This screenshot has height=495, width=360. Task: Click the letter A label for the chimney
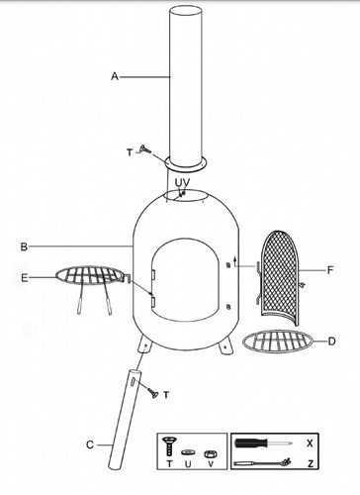[x=115, y=76]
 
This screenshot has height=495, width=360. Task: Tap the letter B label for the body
[x=24, y=247]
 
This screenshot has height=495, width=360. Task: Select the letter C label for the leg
[x=90, y=445]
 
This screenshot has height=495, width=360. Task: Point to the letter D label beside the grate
[x=331, y=341]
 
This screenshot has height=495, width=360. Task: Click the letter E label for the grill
[x=25, y=278]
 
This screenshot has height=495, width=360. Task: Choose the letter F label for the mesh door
[x=330, y=270]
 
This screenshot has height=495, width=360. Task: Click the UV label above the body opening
[x=182, y=182]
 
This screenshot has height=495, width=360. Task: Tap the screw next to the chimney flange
[x=145, y=149]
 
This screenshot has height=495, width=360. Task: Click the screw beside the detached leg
[x=153, y=393]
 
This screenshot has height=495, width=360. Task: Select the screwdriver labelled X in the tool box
[x=263, y=443]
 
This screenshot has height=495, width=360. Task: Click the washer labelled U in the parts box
[x=188, y=451]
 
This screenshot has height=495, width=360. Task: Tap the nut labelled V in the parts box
[x=210, y=454]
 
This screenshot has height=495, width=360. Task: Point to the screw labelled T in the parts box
[x=169, y=445]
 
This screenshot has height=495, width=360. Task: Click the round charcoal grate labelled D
[x=278, y=341]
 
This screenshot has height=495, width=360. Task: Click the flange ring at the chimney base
[x=186, y=163]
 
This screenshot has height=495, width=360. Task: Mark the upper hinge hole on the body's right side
[x=227, y=265]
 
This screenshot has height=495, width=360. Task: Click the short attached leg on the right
[x=225, y=347]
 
